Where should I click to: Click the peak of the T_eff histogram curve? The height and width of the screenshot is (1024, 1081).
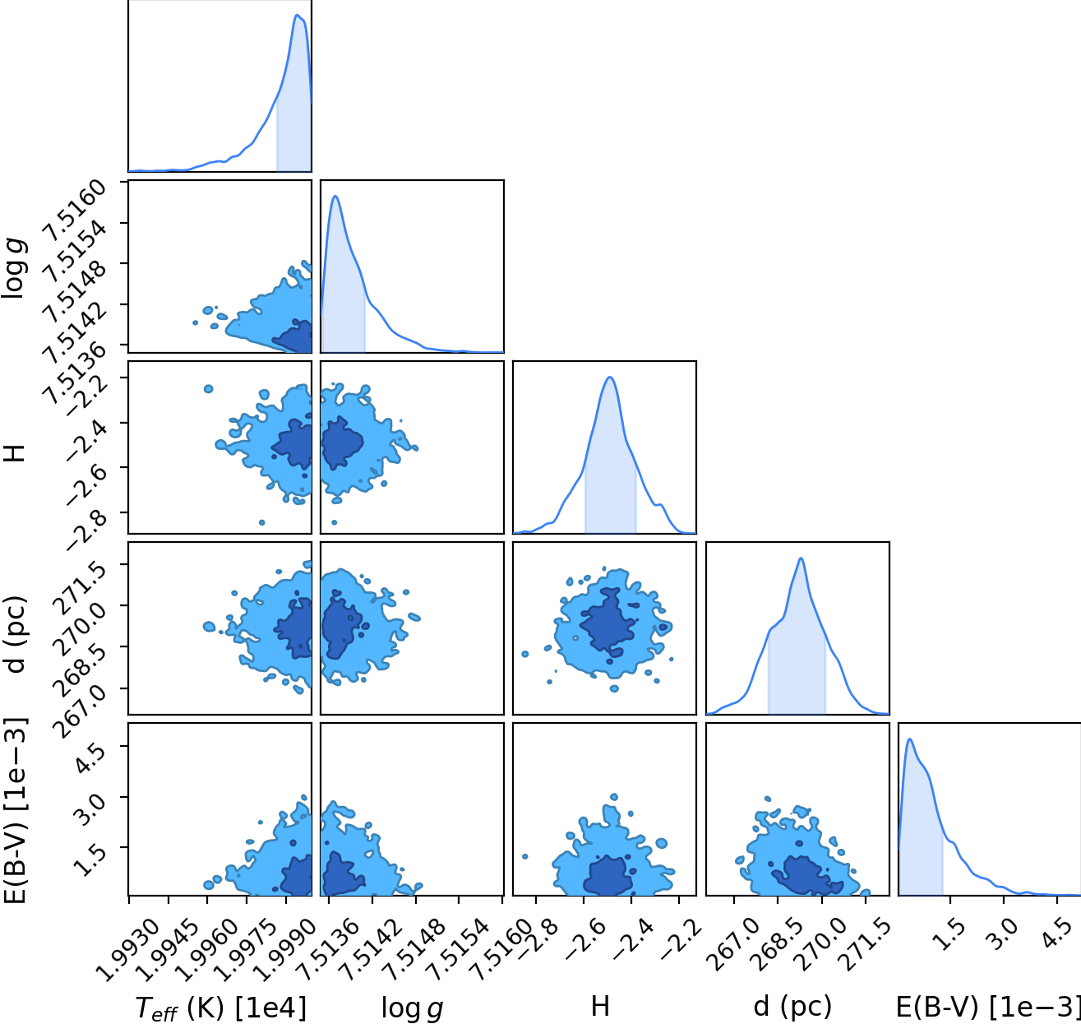(298, 15)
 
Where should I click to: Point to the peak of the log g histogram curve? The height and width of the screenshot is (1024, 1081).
(335, 196)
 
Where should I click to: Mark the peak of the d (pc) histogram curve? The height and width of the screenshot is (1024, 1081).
(802, 558)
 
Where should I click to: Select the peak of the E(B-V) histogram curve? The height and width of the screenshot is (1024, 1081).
(909, 739)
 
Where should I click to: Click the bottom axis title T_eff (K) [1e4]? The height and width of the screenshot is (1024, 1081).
(220, 1008)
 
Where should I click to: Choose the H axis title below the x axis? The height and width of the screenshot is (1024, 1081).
(600, 1007)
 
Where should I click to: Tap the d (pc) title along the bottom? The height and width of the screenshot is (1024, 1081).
(792, 1007)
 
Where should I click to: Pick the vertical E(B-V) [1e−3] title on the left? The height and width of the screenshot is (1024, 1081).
(15, 811)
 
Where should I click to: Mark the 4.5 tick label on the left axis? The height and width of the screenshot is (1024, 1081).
(90, 758)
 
